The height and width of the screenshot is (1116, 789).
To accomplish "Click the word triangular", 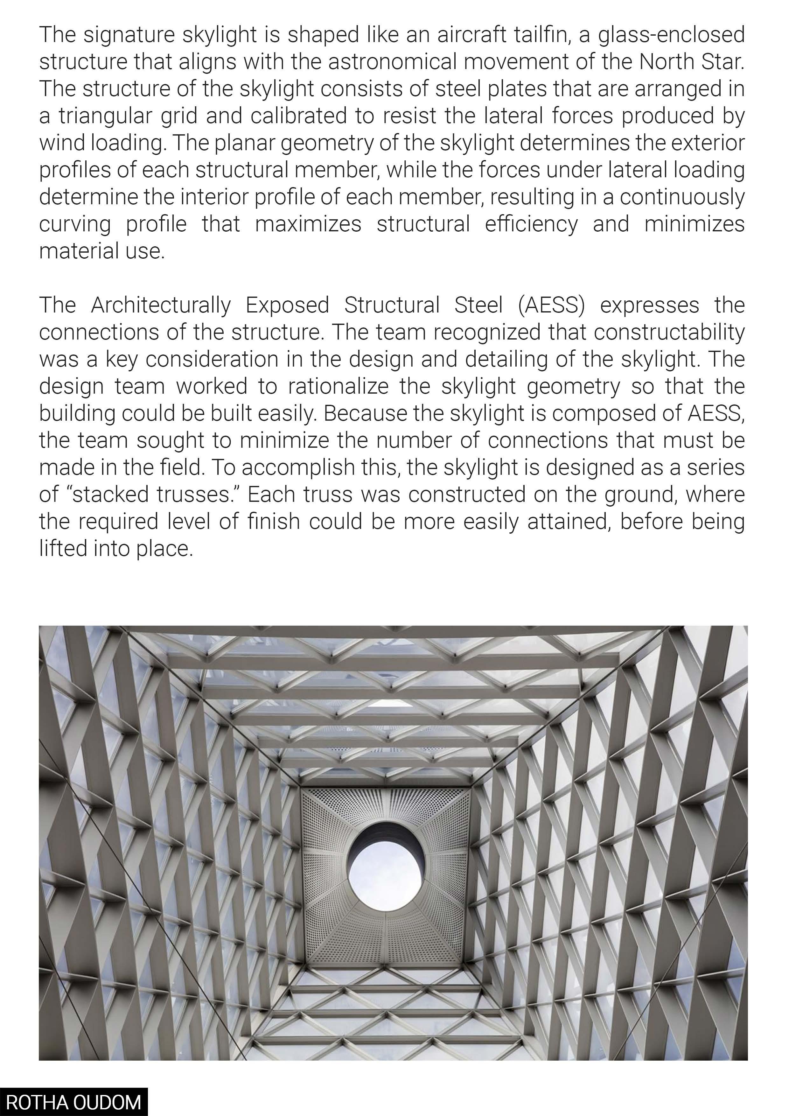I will pos(129,116).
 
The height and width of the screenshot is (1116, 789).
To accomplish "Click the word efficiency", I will pos(531,224).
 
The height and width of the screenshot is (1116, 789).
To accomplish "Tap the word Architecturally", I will pos(160,305).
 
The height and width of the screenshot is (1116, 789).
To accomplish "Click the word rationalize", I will pos(338,386).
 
